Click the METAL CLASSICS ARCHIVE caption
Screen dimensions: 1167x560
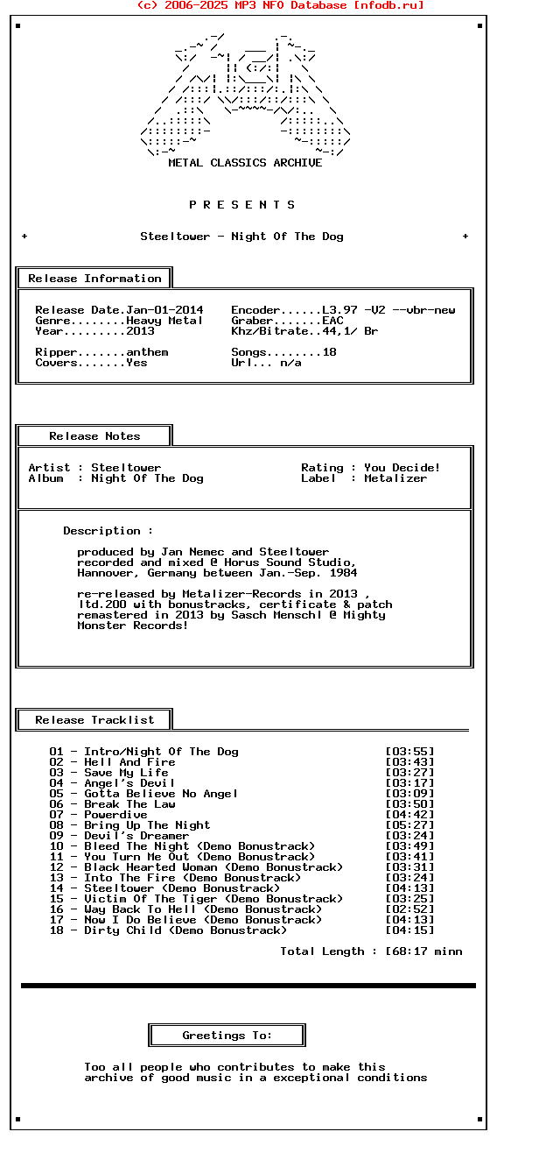tap(245, 163)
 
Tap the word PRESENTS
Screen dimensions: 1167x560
tap(242, 205)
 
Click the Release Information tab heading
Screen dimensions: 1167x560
tap(94, 279)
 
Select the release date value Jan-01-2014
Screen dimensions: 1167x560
tap(164, 310)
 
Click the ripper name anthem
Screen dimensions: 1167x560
tap(147, 352)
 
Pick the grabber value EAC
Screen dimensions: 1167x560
tap(332, 321)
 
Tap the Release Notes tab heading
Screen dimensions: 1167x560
tap(94, 436)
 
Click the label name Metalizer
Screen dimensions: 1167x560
tap(395, 478)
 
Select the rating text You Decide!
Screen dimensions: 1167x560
tap(402, 468)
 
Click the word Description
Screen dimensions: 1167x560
tap(101, 531)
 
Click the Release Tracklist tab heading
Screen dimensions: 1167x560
tap(94, 720)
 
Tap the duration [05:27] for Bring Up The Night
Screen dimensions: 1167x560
tap(409, 825)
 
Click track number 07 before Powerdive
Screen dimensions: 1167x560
tap(56, 815)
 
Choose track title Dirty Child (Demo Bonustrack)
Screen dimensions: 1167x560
tap(185, 930)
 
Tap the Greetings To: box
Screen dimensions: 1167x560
tap(227, 1036)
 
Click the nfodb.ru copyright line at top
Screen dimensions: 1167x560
tap(280, 5)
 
